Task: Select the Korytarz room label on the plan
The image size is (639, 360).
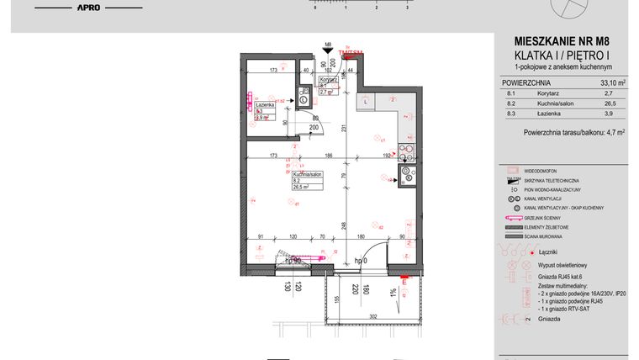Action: (327, 79)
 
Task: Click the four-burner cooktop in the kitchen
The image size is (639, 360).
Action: (407, 153)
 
